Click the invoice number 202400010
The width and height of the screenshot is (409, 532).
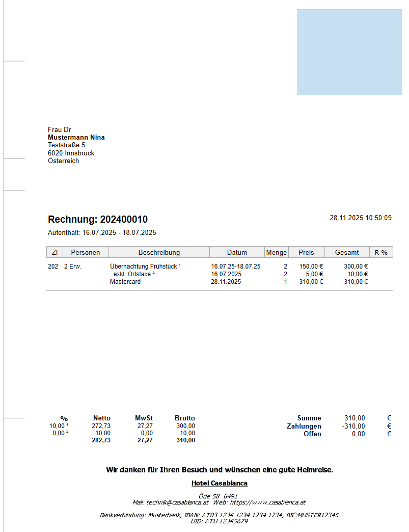tap(124, 220)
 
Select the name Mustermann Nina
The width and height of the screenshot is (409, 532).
tap(76, 138)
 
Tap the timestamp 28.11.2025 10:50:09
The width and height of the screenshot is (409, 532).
tap(361, 218)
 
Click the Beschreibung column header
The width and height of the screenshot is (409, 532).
tap(159, 252)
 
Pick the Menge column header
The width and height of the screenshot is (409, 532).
tap(277, 252)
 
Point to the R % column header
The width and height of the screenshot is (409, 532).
tap(381, 252)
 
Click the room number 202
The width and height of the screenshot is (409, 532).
tap(53, 267)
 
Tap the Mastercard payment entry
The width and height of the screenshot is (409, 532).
tap(125, 282)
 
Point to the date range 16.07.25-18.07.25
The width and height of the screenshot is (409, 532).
tap(236, 267)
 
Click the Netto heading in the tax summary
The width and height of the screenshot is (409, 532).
tap(102, 418)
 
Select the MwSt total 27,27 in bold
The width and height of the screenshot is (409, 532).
tap(145, 440)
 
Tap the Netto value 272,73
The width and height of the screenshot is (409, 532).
tap(101, 426)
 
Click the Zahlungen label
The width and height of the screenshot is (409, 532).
tap(304, 427)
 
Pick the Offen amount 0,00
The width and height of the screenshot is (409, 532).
tap(358, 434)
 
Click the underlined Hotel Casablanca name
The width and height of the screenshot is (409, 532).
tap(220, 483)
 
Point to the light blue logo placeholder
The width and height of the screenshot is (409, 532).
tap(349, 52)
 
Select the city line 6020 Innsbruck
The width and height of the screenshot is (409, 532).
tap(71, 153)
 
